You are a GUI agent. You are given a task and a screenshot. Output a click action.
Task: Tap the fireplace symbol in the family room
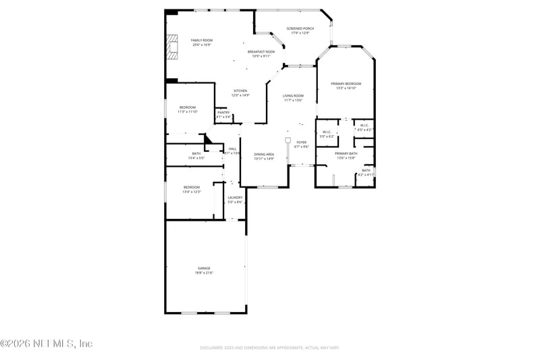[171, 47]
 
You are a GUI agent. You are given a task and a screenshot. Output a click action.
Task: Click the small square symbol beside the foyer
[288, 140]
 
